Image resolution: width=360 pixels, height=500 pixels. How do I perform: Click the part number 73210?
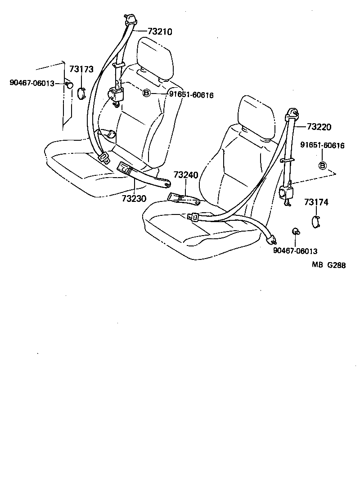coord(160,31)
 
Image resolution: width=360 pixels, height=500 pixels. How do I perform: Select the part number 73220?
coord(319,127)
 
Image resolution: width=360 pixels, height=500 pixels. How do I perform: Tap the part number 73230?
coord(134,198)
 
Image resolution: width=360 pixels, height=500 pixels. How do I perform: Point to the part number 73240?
coord(185,174)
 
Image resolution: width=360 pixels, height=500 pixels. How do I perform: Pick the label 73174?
coord(316,202)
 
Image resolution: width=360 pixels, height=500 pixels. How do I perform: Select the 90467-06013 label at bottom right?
coord(295,251)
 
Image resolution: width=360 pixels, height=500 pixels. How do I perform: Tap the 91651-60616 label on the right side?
coord(322,145)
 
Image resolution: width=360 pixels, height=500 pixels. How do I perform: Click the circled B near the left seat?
coord(146,94)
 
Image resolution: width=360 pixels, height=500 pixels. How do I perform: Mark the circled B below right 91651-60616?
coord(323,165)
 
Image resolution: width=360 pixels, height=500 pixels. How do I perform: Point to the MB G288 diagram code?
coord(328,265)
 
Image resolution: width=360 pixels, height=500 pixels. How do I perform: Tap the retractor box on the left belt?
coord(117,95)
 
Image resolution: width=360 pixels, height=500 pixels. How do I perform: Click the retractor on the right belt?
coord(286,193)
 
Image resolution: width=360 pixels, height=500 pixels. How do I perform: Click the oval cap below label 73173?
coord(81,93)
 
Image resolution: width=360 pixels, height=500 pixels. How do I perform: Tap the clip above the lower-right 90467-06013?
coord(296,231)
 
